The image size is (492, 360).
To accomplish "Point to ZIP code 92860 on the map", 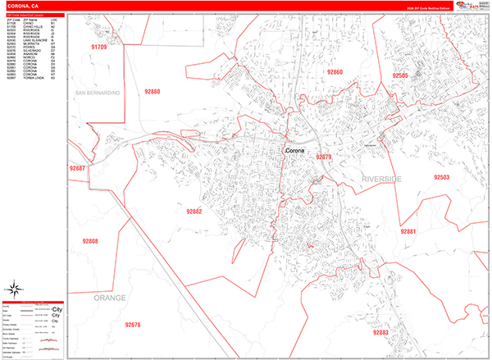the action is (x=335, y=73).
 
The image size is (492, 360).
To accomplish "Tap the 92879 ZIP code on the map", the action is (x=323, y=157).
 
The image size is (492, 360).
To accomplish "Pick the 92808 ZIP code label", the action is (x=90, y=241).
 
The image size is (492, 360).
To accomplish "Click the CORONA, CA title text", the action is (x=23, y=5).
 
